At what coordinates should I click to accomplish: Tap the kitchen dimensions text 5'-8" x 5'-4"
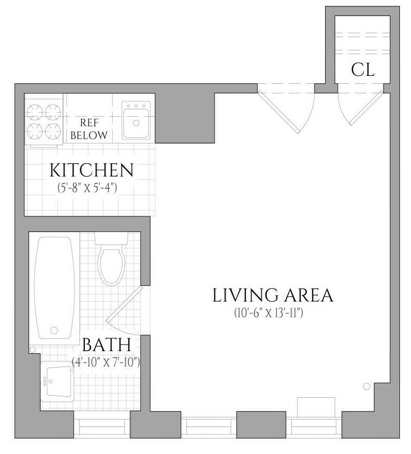click(x=87, y=188)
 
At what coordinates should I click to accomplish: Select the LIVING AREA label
click(x=273, y=295)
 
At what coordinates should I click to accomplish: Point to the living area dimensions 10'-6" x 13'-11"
click(x=269, y=313)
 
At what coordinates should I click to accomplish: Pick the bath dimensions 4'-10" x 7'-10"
click(x=106, y=362)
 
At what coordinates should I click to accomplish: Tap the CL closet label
click(x=363, y=70)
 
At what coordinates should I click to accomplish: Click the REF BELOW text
click(x=89, y=129)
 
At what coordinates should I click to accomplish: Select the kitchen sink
click(x=136, y=120)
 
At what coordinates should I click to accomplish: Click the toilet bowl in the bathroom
click(x=112, y=265)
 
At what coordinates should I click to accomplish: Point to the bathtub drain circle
click(x=54, y=330)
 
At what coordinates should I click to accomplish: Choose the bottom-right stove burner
click(x=53, y=131)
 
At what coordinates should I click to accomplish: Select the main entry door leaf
click(x=278, y=112)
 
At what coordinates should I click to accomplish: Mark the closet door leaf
click(x=367, y=108)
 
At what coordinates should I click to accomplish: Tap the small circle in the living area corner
click(x=367, y=386)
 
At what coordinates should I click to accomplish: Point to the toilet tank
click(x=111, y=238)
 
